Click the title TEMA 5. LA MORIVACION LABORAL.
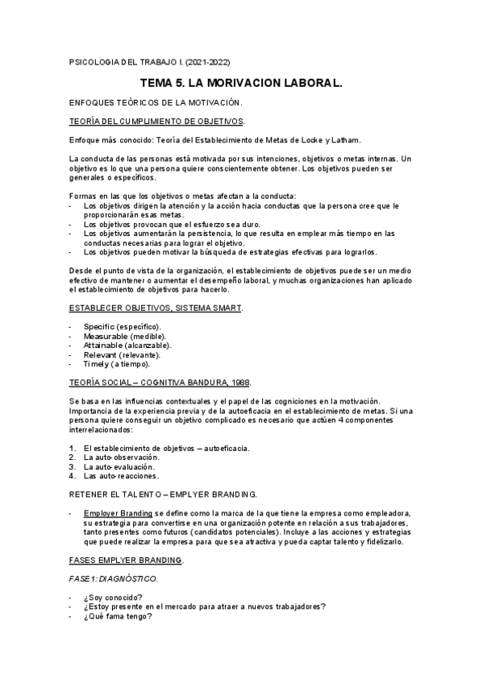(241, 82)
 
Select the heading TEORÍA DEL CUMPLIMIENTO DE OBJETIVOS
(156, 121)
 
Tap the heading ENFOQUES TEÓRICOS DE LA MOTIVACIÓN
(156, 102)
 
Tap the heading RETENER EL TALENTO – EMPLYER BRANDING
(164, 494)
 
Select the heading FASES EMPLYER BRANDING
(127, 560)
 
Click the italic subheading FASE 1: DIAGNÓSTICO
(112, 578)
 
